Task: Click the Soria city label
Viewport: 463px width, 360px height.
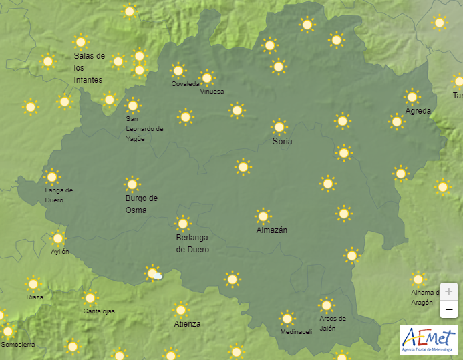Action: pyautogui.click(x=282, y=142)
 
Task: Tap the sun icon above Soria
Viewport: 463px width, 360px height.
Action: pyautogui.click(x=279, y=126)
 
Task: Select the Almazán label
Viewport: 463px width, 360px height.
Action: pyautogui.click(x=272, y=230)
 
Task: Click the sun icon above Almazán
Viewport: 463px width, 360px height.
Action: pyautogui.click(x=263, y=216)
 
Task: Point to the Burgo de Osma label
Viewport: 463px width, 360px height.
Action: pyautogui.click(x=141, y=204)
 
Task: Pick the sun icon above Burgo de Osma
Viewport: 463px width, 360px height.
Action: pyautogui.click(x=132, y=184)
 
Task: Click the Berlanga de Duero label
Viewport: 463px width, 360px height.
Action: pyautogui.click(x=192, y=244)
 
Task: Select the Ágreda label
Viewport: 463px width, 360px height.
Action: pyautogui.click(x=418, y=111)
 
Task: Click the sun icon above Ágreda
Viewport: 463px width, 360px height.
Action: pyautogui.click(x=412, y=96)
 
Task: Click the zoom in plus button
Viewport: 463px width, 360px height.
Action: pyautogui.click(x=449, y=292)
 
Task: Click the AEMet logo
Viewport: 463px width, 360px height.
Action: pyautogui.click(x=428, y=339)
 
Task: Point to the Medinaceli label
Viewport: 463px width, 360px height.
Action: pyautogui.click(x=296, y=332)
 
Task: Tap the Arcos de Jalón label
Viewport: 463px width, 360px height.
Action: pyautogui.click(x=332, y=323)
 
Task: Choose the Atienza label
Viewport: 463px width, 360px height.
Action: pyautogui.click(x=187, y=324)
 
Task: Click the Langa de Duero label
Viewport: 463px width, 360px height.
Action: pyautogui.click(x=59, y=195)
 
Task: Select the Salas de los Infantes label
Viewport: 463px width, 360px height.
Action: pyautogui.click(x=88, y=68)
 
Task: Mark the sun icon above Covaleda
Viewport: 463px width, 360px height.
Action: pyautogui.click(x=178, y=70)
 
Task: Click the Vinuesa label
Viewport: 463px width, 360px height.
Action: pyautogui.click(x=212, y=92)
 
